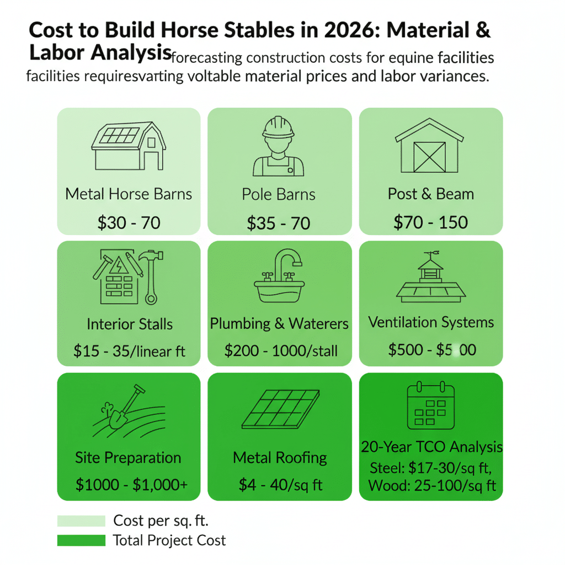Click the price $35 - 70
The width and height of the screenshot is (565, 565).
pos(279,223)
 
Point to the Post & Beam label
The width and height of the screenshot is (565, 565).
pos(431,194)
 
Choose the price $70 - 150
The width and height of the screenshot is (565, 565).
pos(431,222)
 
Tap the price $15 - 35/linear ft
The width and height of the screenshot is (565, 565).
pos(129,350)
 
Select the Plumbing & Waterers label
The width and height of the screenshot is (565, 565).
pos(279,324)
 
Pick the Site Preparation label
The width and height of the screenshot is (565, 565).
pos(128,458)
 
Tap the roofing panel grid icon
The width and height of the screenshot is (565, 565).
pos(280,409)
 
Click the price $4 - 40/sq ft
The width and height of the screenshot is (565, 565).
pos(280,485)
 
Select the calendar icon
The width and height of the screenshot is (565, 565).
pos(430,407)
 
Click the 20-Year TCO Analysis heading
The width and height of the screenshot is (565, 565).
pos(431,446)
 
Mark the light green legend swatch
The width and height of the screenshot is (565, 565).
pos(81,521)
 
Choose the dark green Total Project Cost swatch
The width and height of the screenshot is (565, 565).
pos(81,540)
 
